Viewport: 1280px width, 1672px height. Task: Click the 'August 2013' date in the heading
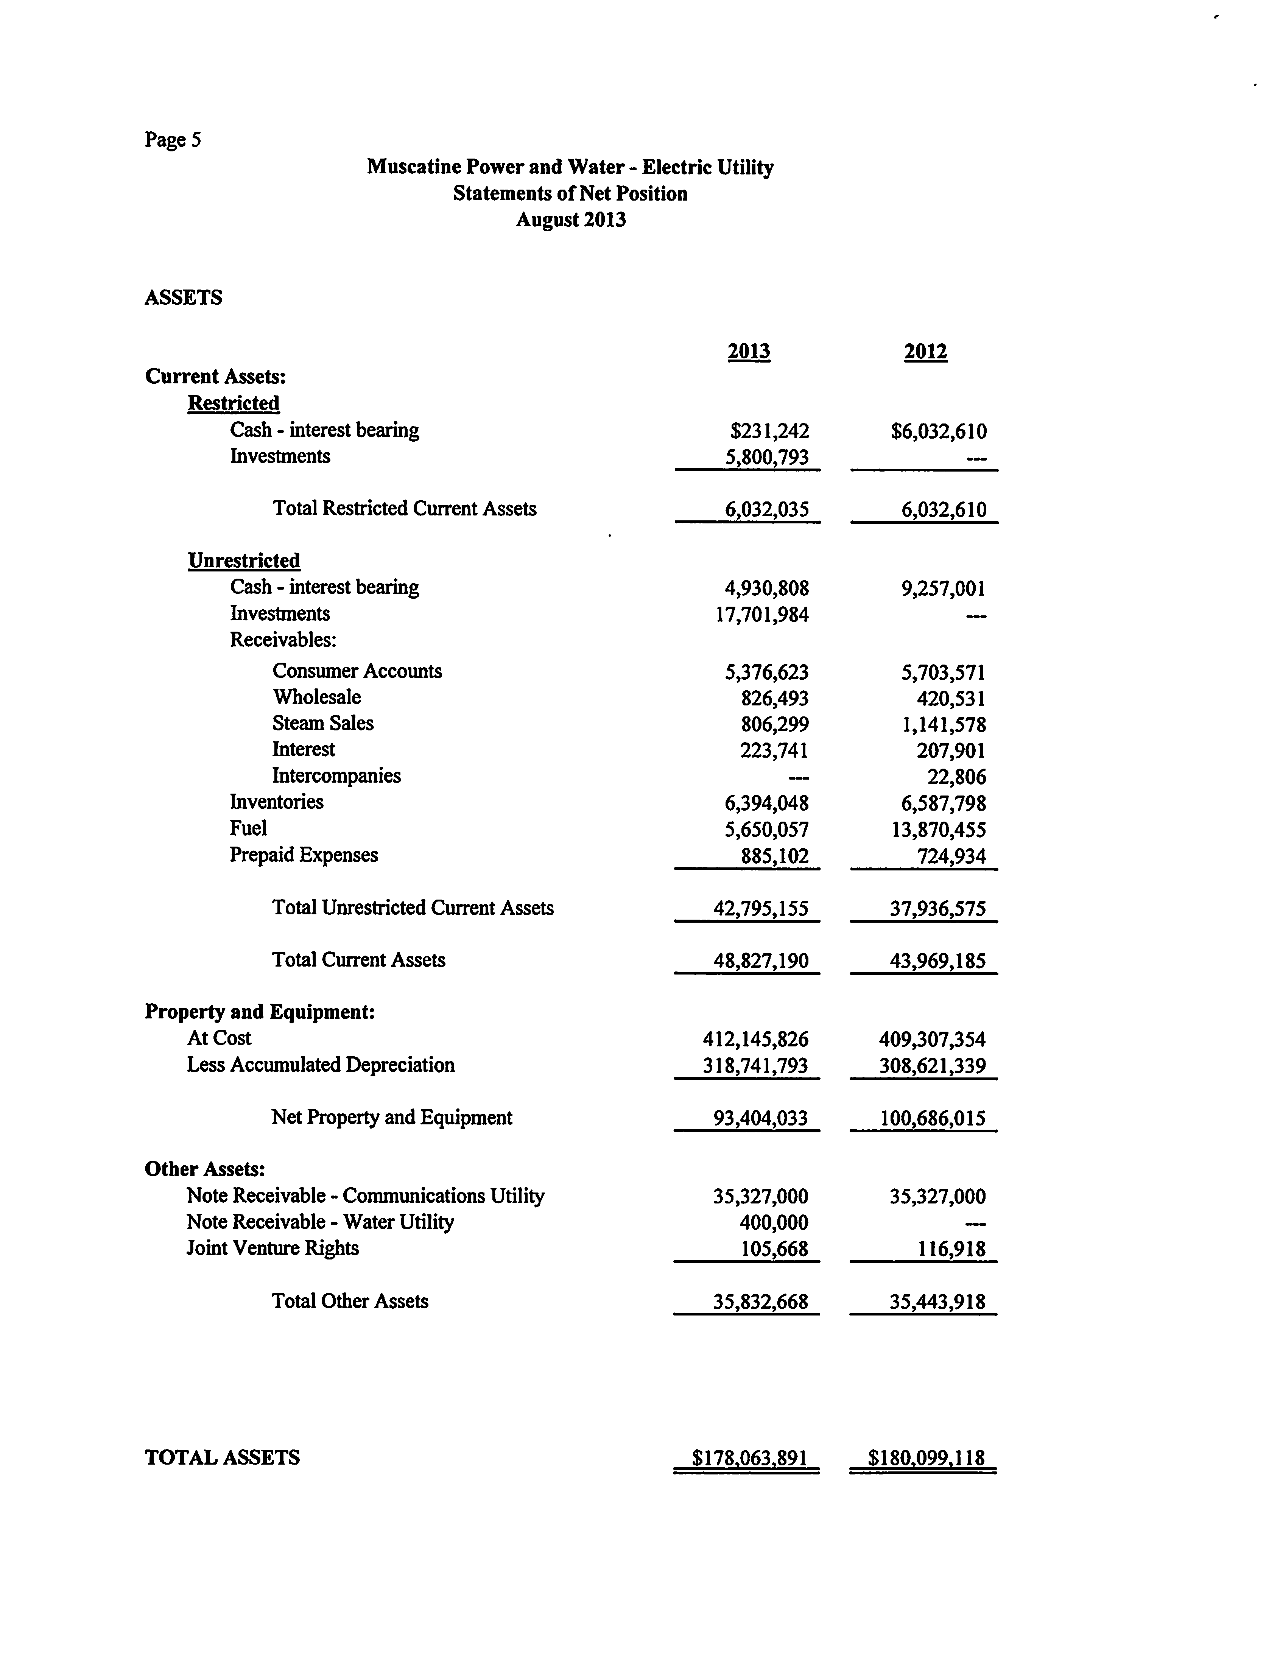click(571, 220)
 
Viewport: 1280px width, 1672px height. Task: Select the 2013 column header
click(749, 352)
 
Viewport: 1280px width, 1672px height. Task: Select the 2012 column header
click(926, 352)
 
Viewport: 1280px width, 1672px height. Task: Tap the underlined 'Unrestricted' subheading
click(244, 560)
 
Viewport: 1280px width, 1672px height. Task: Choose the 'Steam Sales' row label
click(323, 724)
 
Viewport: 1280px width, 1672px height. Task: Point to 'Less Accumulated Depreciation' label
click(321, 1065)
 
